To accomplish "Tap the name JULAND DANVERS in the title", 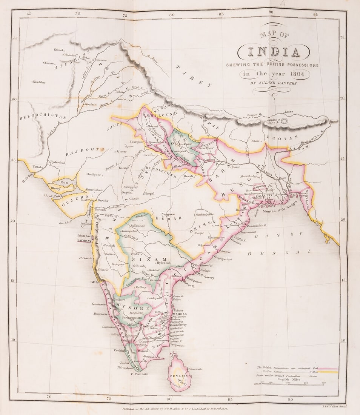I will [274, 83].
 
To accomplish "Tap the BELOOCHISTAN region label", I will [43, 117].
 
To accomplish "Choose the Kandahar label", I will [39, 82].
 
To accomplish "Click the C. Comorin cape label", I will [138, 374].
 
